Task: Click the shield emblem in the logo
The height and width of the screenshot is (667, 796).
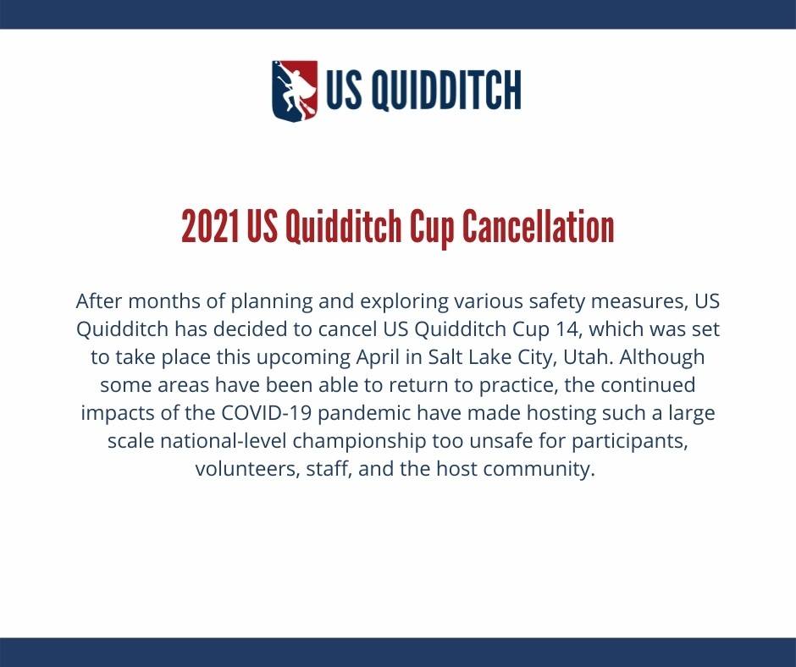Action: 295,91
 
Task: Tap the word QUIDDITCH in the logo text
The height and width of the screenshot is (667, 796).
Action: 446,91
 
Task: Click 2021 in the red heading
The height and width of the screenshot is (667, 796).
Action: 211,226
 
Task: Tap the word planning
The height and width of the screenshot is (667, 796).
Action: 272,302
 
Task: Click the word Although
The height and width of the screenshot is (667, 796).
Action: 661,357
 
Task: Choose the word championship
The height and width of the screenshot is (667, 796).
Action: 359,441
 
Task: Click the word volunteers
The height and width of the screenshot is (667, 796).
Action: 248,469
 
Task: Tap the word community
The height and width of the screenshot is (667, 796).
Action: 539,469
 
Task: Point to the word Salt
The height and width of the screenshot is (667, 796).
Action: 445,357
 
